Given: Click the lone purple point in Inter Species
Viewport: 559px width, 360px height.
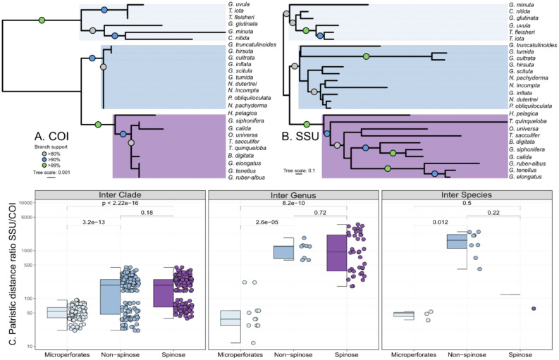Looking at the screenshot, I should coord(534,308).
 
